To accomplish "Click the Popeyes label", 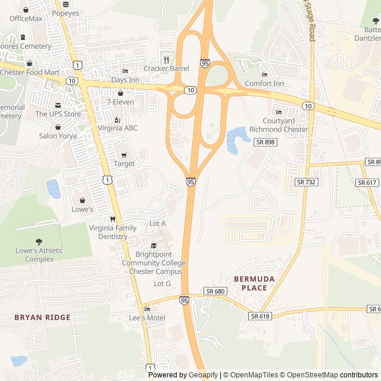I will [x=65, y=13].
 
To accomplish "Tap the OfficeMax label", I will [x=26, y=18].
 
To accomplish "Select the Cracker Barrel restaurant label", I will [x=166, y=68].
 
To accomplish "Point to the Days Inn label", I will [x=125, y=80].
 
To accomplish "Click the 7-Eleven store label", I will [x=121, y=102].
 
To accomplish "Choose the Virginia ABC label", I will [x=117, y=127].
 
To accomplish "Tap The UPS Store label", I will [x=58, y=114].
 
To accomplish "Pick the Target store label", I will [x=124, y=164].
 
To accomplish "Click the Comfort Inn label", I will [x=264, y=83].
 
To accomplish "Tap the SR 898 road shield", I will [x=265, y=142].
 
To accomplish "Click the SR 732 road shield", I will [x=306, y=182].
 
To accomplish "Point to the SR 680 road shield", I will [x=215, y=291].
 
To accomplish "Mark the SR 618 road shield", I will [x=260, y=316].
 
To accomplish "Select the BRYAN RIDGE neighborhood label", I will [x=42, y=317].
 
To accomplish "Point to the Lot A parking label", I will [x=158, y=223].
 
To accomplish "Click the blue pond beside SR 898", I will [x=236, y=139].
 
